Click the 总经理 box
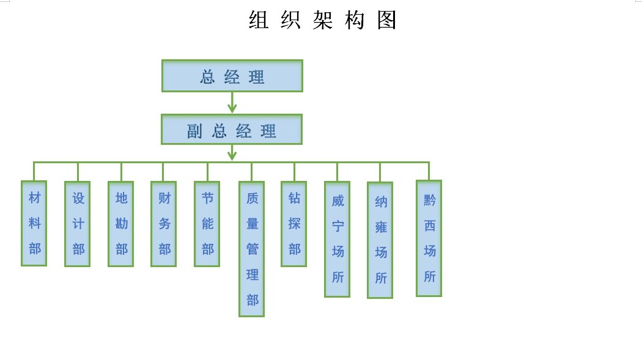(x=232, y=76)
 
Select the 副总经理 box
(x=232, y=130)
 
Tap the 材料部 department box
(x=34, y=223)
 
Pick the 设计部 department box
(x=78, y=224)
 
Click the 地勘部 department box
(x=121, y=224)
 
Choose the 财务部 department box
(x=164, y=224)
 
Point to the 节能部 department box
(x=207, y=224)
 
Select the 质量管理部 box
(x=252, y=249)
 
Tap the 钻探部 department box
(x=294, y=224)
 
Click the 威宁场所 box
(x=338, y=240)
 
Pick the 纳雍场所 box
(x=380, y=240)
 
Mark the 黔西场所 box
(x=429, y=238)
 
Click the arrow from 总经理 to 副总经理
(x=232, y=102)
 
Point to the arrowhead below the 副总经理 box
(x=232, y=155)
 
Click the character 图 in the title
(x=387, y=20)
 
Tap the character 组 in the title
(x=259, y=20)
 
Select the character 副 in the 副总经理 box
(x=194, y=131)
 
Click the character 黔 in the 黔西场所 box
(x=429, y=200)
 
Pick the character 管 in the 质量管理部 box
(x=252, y=249)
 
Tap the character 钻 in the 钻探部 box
(x=294, y=198)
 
